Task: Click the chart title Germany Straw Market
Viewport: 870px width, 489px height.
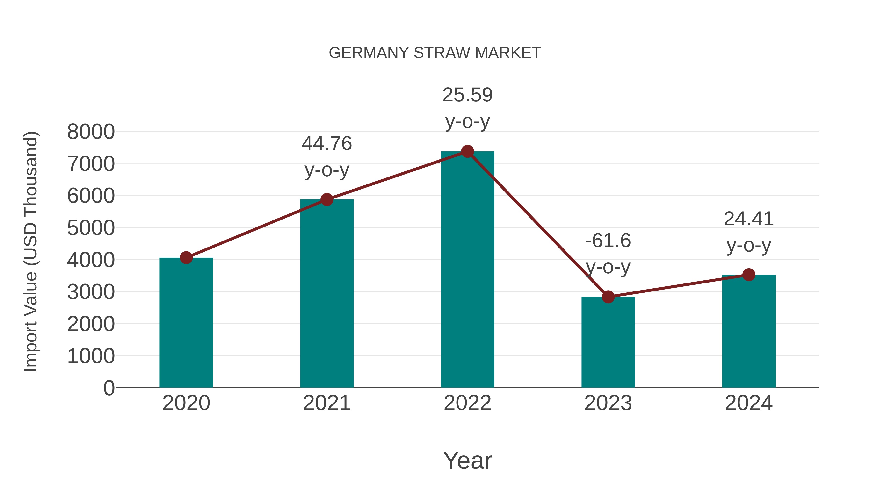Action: [435, 53]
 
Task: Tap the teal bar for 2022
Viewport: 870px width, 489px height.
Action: [467, 270]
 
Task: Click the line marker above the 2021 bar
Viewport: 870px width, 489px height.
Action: [326, 199]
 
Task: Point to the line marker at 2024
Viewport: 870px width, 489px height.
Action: [749, 275]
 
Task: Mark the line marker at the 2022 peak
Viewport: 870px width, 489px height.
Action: [467, 151]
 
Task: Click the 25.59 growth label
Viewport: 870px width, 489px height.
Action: [467, 95]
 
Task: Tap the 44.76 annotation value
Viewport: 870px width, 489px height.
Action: [326, 143]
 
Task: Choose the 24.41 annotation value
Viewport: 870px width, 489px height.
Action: [749, 219]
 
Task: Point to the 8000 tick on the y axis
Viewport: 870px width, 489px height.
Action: [91, 132]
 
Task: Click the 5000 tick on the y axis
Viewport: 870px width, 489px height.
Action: [91, 228]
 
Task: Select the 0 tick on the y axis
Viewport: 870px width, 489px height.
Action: [109, 388]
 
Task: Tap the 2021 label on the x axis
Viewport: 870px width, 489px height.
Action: [326, 403]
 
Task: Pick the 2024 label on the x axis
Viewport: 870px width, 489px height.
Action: [749, 403]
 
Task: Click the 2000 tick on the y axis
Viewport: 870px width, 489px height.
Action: [91, 324]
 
